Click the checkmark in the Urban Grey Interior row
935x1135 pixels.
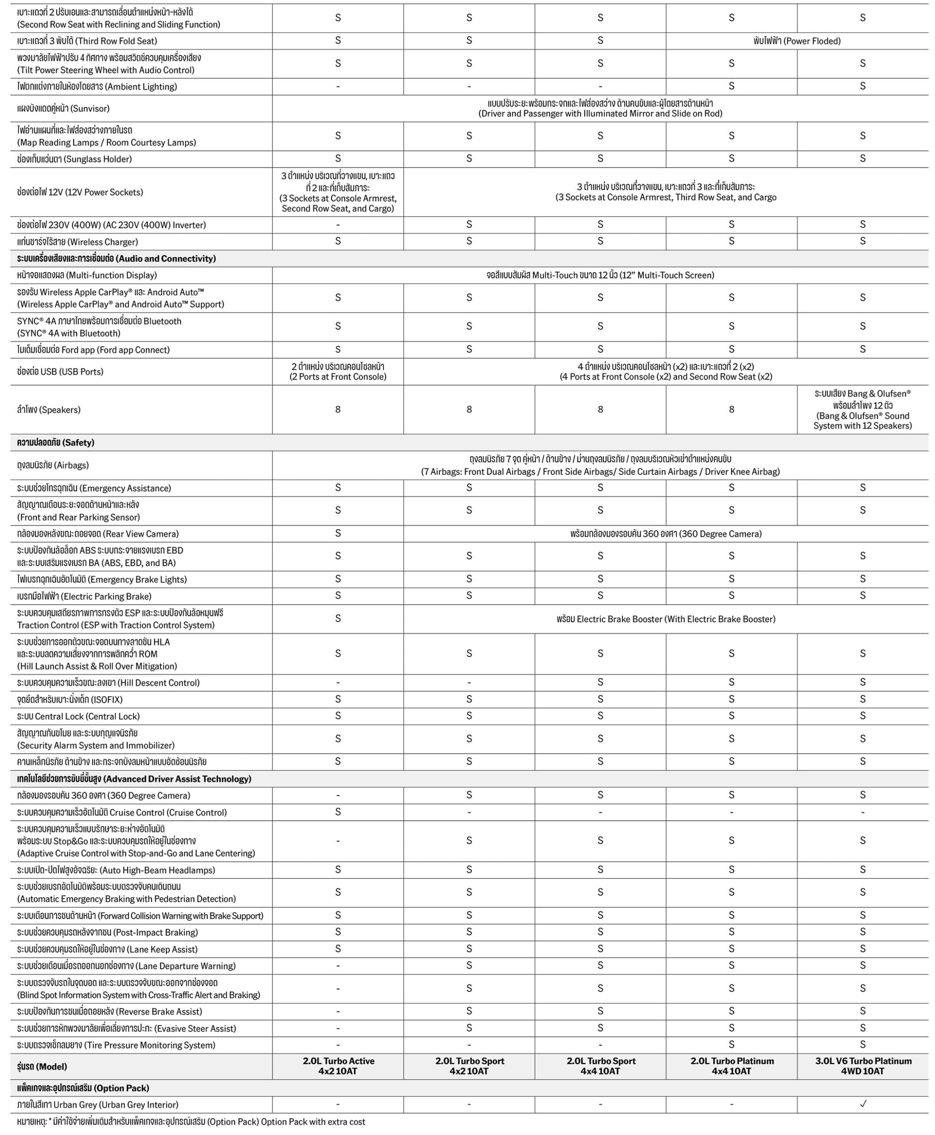(x=863, y=1104)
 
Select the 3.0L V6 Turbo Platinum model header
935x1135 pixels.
(x=863, y=1065)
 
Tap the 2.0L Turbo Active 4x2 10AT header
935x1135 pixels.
(x=338, y=1065)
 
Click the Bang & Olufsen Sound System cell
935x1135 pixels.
(x=863, y=409)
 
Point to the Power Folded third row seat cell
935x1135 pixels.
(x=797, y=41)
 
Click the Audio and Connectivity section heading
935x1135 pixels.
(x=116, y=258)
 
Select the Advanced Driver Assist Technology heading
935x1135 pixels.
(x=134, y=779)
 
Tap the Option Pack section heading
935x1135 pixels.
(x=83, y=1088)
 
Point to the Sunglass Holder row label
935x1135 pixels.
(x=74, y=159)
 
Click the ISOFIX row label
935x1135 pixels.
(x=70, y=699)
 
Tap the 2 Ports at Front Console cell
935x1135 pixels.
(x=338, y=372)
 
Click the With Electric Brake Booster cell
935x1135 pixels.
(x=666, y=619)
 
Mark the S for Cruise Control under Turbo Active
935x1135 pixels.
(x=338, y=812)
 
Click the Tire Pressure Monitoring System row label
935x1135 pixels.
(x=116, y=1045)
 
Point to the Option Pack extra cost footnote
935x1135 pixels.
(x=191, y=1122)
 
